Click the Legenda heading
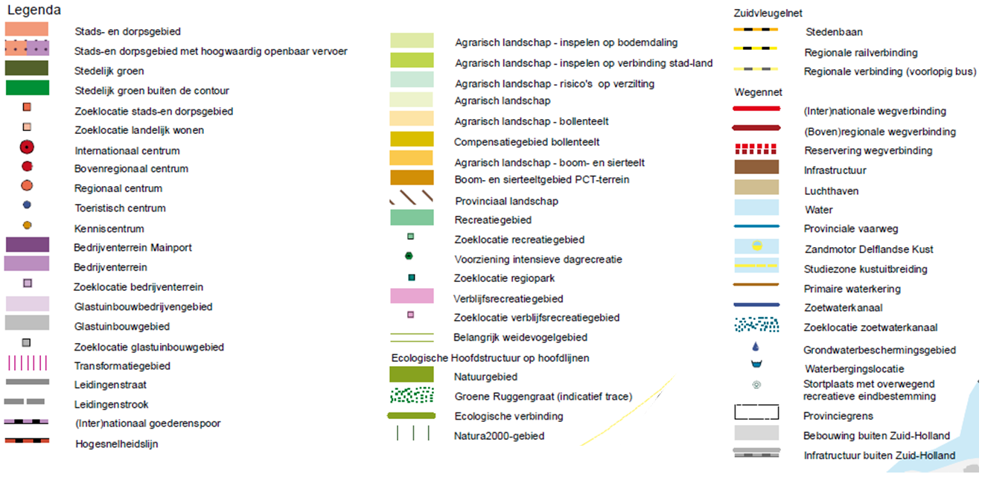pos(34,10)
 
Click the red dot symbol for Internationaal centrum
pos(27,147)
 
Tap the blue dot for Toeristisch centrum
pos(27,205)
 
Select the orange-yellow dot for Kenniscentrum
pos(28,225)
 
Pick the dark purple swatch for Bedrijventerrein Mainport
pos(28,244)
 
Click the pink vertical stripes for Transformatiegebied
pos(28,363)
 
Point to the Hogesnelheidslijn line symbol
pos(27,441)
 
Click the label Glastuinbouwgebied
pos(122,327)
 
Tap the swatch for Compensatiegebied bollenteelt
pos(412,139)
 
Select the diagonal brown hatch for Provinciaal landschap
pos(412,197)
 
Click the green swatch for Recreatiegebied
pos(412,217)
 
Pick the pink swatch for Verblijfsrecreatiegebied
pos(412,295)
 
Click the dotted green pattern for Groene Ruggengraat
pos(412,395)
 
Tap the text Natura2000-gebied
pos(500,436)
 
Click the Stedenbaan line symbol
pos(756,29)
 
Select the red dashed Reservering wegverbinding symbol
pos(756,149)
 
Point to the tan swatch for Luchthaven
pos(756,187)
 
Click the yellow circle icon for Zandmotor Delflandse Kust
pos(757,246)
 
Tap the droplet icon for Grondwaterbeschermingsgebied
pos(756,347)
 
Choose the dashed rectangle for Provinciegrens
pos(756,405)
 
